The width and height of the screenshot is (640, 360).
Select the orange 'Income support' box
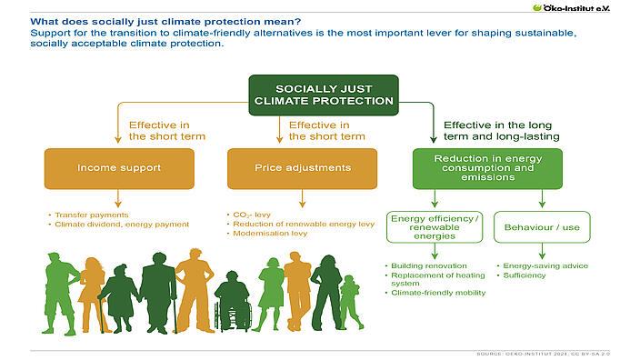119,168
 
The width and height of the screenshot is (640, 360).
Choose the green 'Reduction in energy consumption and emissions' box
487,168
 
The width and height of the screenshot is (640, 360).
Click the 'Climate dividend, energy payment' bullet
121,224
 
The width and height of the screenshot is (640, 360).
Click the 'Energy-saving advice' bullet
545,265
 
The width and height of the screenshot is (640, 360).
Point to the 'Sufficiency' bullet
526,275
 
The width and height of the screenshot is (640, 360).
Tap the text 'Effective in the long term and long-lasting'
501,130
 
